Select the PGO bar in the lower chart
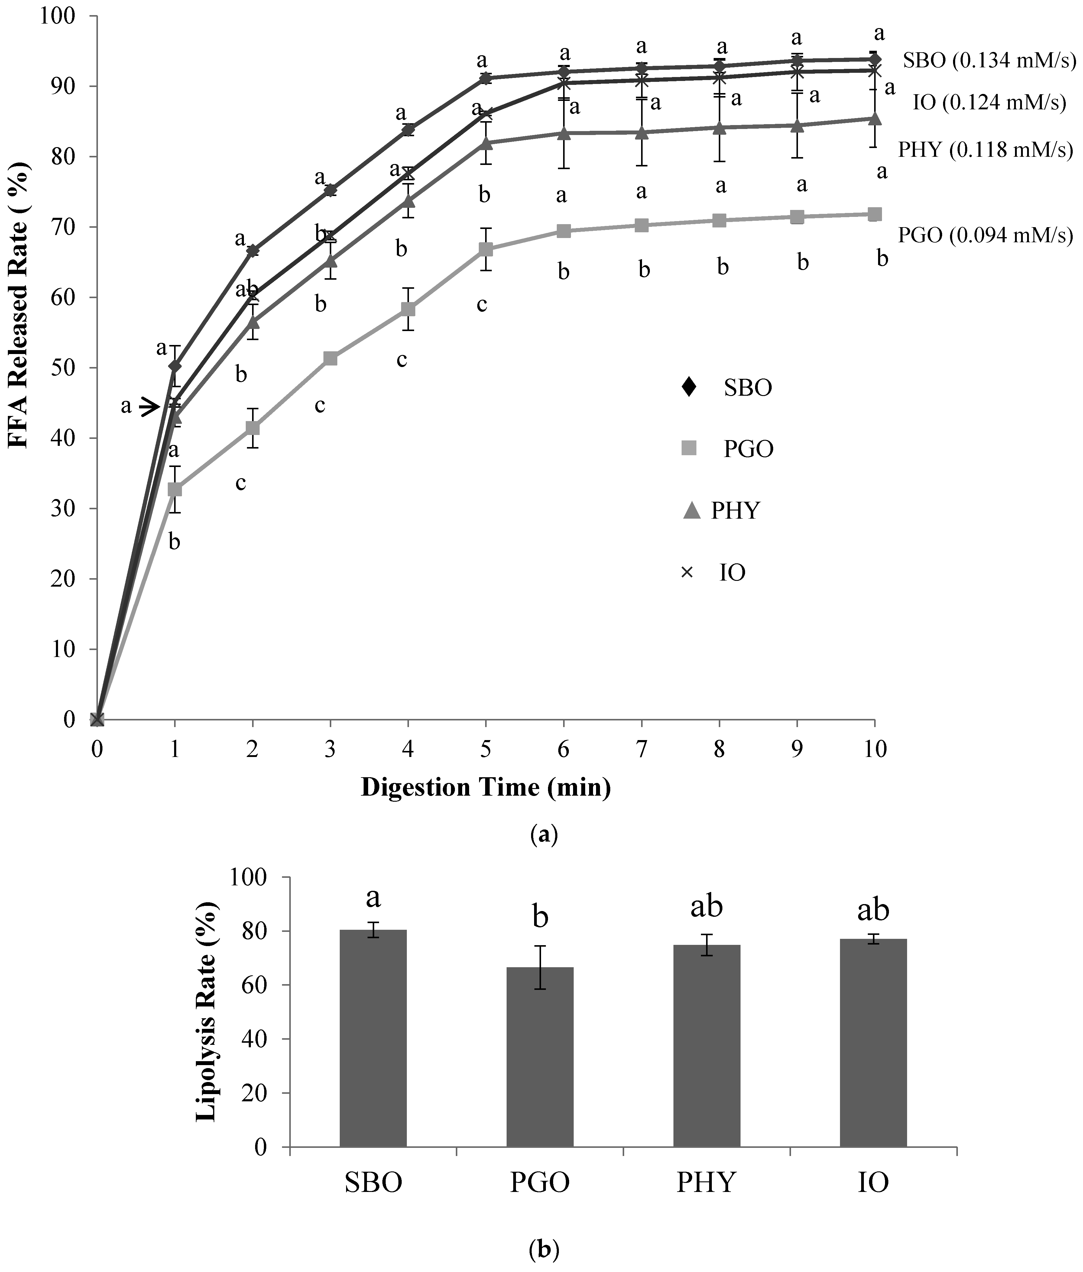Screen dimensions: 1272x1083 (540, 1057)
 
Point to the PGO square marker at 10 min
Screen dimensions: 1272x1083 (875, 214)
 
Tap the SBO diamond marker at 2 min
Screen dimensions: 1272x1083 (252, 250)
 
